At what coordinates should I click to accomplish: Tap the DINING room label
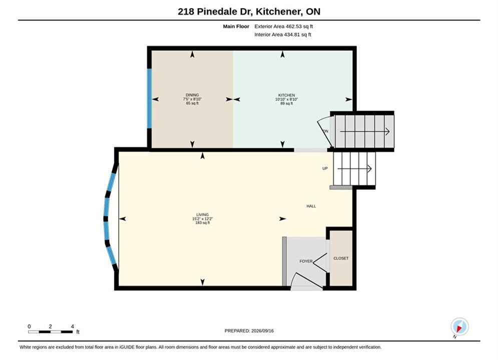(192, 95)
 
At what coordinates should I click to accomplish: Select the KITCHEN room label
(286, 95)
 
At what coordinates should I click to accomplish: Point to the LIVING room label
(202, 214)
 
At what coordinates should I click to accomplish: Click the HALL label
(311, 206)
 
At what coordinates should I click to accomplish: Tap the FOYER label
(306, 261)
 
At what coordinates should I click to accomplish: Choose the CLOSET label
(341, 258)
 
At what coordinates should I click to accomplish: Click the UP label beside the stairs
(325, 168)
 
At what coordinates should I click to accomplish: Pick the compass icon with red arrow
(459, 326)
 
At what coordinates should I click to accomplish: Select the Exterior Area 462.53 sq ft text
(284, 26)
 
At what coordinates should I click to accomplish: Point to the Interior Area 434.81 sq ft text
(283, 34)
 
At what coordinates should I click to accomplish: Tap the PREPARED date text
(249, 331)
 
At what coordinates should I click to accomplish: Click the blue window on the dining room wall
(149, 98)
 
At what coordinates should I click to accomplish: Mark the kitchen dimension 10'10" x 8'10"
(286, 99)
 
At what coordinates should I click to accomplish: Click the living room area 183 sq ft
(203, 222)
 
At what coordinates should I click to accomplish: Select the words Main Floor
(236, 26)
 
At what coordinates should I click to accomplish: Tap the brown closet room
(341, 257)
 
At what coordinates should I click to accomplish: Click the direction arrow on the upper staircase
(365, 131)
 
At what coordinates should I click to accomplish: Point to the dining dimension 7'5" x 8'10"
(192, 99)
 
